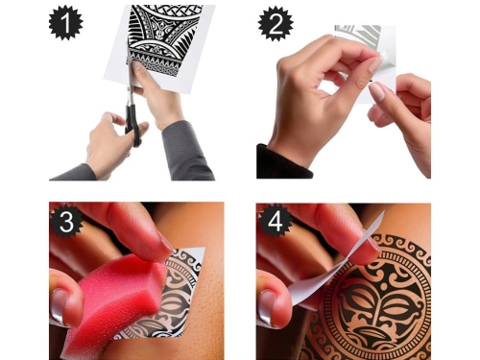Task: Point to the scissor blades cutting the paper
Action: (130, 77)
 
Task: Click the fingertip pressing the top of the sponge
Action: (144, 240)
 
